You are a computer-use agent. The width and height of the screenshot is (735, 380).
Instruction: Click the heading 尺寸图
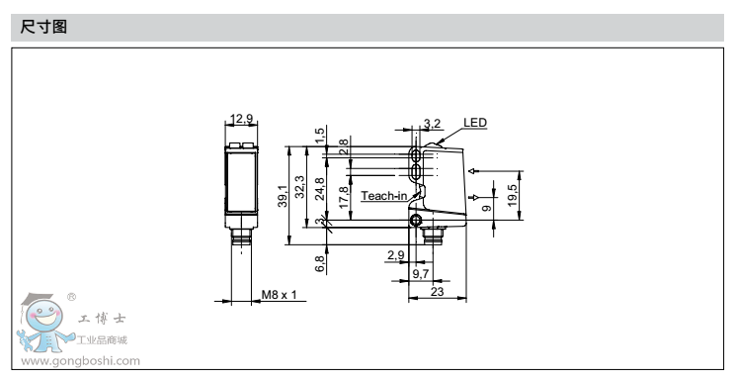[x=43, y=27]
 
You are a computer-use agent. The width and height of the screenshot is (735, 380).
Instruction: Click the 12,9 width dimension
[x=242, y=119]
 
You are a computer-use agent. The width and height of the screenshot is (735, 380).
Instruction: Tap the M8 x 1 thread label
[x=279, y=295]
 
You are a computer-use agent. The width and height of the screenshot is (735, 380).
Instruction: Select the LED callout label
[x=475, y=123]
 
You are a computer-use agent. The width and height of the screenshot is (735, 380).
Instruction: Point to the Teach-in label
[x=384, y=195]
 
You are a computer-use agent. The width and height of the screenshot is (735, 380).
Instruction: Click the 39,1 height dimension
[x=283, y=196]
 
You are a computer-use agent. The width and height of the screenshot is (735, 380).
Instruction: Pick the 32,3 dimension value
[x=299, y=186]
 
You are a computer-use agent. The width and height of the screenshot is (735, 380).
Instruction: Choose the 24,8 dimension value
[x=320, y=189]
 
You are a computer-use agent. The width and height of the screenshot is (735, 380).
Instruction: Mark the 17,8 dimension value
[x=344, y=198]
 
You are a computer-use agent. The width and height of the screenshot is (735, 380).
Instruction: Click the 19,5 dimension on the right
[x=513, y=195]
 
